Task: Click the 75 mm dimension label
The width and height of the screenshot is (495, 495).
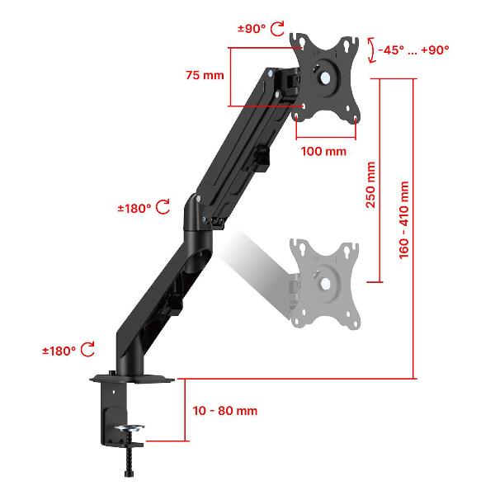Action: click(x=205, y=75)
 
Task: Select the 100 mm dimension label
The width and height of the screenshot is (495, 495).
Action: click(x=323, y=151)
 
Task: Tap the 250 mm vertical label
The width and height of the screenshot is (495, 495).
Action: click(x=370, y=185)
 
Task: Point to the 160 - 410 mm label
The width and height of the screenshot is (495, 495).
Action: click(x=403, y=220)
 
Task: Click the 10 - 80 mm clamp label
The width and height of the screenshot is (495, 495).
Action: click(x=224, y=411)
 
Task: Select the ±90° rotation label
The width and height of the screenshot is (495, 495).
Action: click(x=252, y=29)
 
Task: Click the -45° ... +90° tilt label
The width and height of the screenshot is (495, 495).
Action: click(x=413, y=49)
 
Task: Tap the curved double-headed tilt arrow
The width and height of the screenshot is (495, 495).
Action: click(x=373, y=50)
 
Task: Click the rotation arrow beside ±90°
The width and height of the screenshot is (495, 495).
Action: click(x=278, y=29)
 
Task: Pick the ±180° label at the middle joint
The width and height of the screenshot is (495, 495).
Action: click(x=134, y=209)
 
